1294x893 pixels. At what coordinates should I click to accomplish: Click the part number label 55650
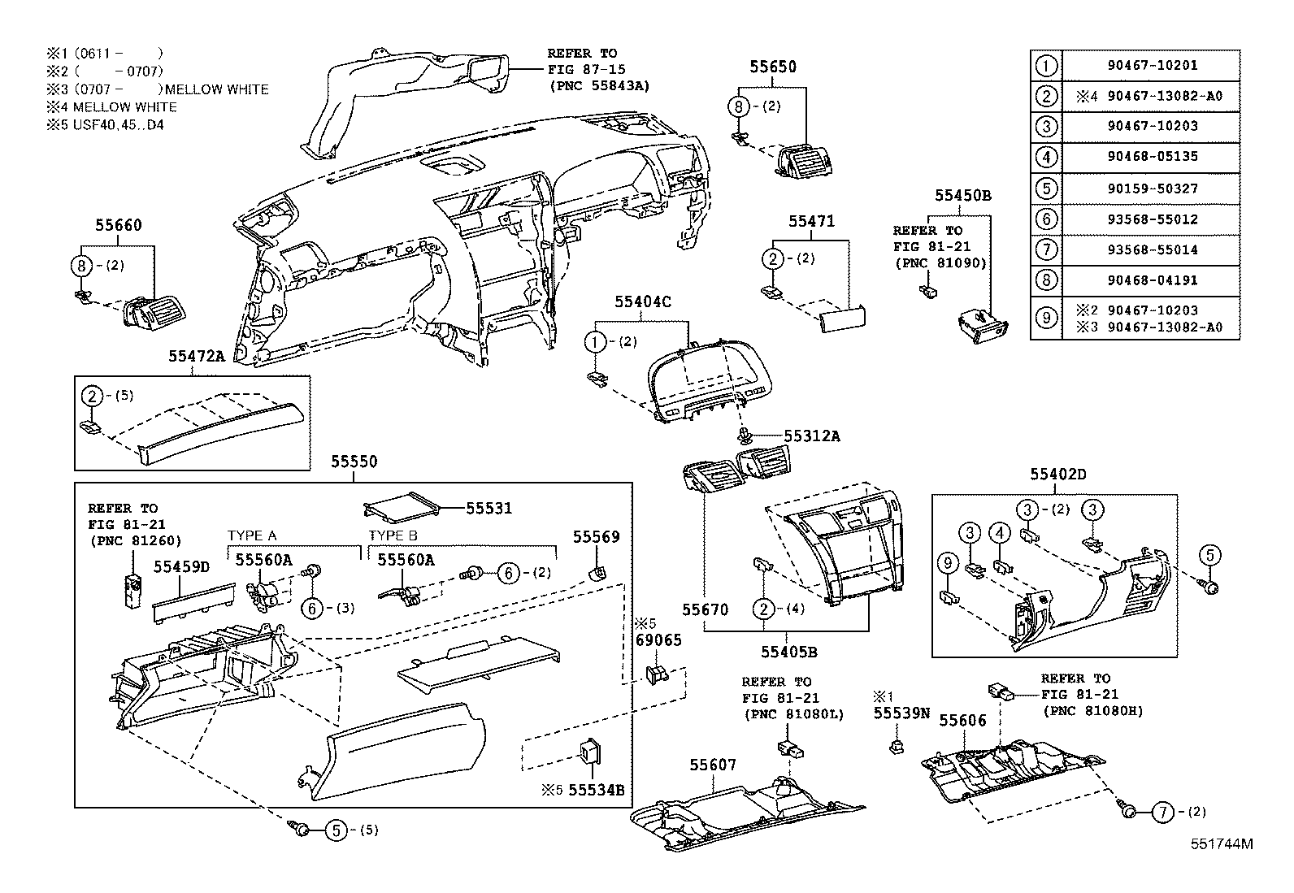[773, 67]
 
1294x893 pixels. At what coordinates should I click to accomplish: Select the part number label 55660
[119, 225]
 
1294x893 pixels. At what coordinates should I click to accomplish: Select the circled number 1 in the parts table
[1046, 66]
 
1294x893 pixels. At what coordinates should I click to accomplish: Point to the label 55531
[489, 508]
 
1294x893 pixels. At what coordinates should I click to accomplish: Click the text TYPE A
[252, 535]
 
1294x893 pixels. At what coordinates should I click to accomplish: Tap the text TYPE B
[393, 535]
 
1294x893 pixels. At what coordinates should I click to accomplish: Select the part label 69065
[658, 640]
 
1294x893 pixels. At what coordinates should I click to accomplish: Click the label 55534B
[596, 789]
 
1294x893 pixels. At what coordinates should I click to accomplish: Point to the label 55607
[713, 765]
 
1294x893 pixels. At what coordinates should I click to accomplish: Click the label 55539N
[901, 713]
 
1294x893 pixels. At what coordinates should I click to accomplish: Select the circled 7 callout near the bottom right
[1163, 811]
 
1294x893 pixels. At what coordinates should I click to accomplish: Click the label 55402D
[1058, 474]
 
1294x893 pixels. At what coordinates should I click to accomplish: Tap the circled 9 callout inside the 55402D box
[947, 561]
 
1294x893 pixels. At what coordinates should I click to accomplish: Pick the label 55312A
[811, 436]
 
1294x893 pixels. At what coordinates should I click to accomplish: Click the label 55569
[596, 536]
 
